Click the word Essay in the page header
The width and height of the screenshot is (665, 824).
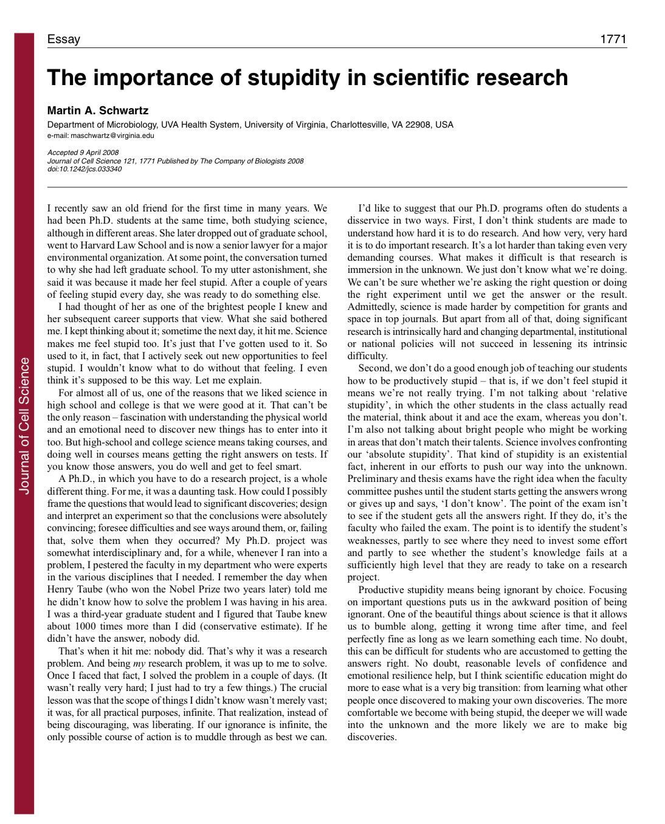tap(63, 39)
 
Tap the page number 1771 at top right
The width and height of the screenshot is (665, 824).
tap(613, 39)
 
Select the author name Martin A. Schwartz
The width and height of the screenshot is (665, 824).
tap(98, 111)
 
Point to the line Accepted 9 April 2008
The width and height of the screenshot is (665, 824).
tap(83, 152)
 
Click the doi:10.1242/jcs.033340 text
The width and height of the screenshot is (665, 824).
tap(84, 169)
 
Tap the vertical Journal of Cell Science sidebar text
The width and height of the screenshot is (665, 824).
tap(24, 425)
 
